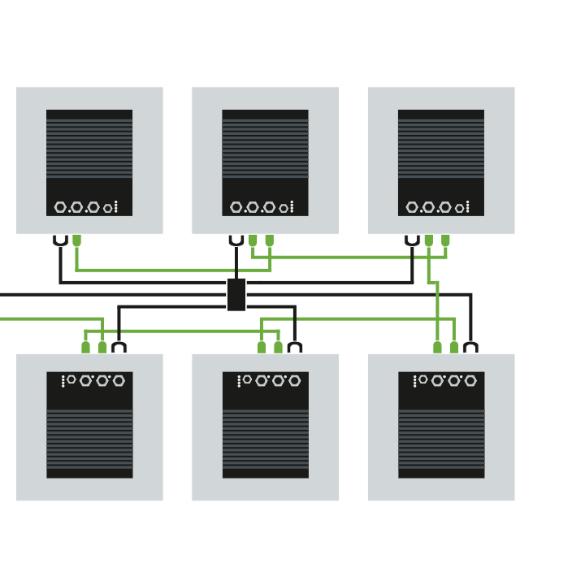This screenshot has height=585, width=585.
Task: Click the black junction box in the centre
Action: (x=236, y=294)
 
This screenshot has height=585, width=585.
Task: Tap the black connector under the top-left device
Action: (x=60, y=240)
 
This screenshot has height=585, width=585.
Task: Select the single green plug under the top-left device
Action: (x=76, y=240)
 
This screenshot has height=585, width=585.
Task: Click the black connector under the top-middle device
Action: (x=236, y=240)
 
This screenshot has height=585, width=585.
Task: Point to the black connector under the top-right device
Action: (x=412, y=240)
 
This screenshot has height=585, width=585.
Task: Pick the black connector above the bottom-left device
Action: (x=119, y=347)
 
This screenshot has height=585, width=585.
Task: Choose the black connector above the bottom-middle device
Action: (x=295, y=347)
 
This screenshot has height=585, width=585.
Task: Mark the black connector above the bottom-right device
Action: (x=470, y=347)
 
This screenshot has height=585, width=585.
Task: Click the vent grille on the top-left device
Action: (x=89, y=148)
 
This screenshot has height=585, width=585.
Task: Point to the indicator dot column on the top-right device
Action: (x=467, y=206)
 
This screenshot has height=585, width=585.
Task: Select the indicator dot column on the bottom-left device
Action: (x=63, y=380)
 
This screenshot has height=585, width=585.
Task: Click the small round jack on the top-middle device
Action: (x=283, y=208)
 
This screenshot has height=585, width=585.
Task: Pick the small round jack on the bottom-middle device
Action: (x=247, y=379)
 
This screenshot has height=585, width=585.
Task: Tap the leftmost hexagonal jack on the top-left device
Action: (x=60, y=207)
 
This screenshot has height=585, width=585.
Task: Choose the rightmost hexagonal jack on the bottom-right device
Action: (x=470, y=380)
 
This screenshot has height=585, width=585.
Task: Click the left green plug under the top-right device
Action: (x=428, y=240)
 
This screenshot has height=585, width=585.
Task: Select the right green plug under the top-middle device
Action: (x=269, y=240)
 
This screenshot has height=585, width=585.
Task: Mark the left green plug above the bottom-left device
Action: (x=85, y=347)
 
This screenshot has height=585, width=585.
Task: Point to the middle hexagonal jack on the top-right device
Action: (x=428, y=207)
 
